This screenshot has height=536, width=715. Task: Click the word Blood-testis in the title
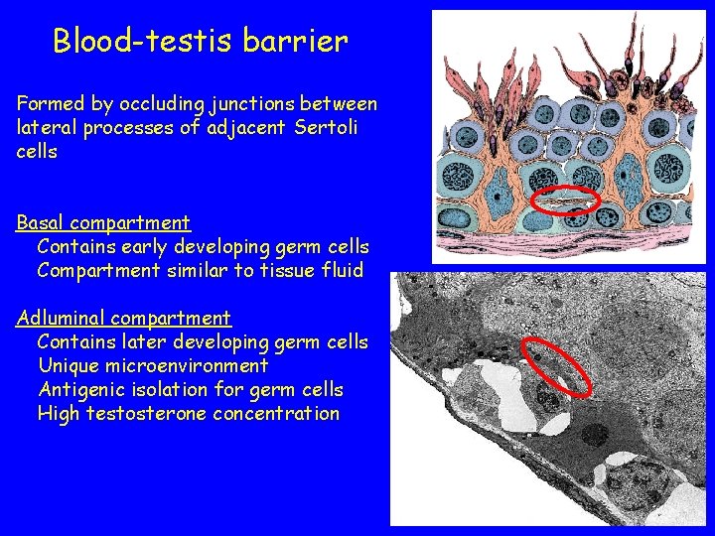(144, 41)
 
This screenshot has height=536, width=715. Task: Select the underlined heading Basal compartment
(103, 222)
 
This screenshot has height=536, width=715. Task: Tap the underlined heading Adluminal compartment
(123, 318)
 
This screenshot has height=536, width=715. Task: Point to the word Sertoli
(325, 127)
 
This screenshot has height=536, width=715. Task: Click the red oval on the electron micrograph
(554, 364)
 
